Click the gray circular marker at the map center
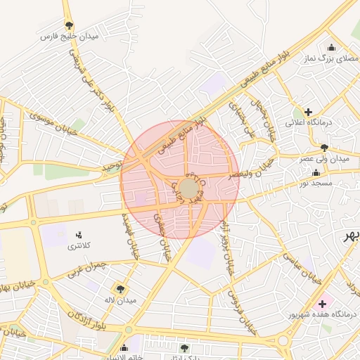[188, 188]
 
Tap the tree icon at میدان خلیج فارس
[68, 25]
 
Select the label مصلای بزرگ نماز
[326, 60]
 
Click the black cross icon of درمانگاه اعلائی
[308, 111]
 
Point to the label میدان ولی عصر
[324, 159]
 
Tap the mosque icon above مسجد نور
[316, 172]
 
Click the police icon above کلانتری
[78, 234]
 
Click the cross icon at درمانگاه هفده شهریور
[322, 304]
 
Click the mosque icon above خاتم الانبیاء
[124, 347]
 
